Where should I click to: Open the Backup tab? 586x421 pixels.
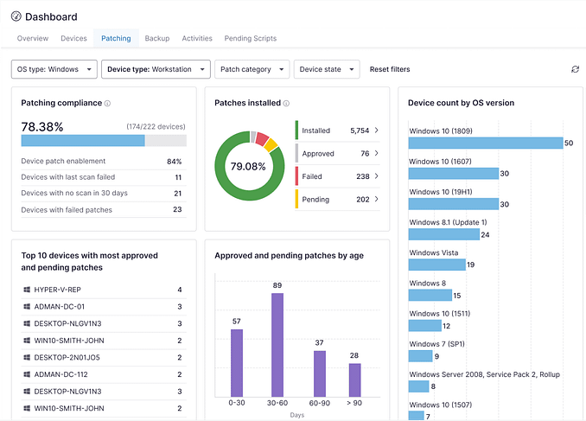[x=156, y=39]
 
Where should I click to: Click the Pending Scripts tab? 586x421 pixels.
[x=250, y=39]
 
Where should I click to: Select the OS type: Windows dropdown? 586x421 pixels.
[x=53, y=69]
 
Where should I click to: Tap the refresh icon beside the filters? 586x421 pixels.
[x=575, y=69]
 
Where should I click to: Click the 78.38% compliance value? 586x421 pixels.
[x=42, y=126]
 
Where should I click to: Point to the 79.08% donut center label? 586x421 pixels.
[x=248, y=166]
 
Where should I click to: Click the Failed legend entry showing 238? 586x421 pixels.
[x=337, y=175]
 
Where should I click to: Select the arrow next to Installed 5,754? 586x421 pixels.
[x=376, y=131]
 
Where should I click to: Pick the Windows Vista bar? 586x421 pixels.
[x=436, y=265]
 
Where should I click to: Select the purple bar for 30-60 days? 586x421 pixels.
[x=277, y=345]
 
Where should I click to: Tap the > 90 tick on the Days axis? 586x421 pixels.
[x=354, y=403]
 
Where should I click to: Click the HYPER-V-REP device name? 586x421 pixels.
[x=57, y=290]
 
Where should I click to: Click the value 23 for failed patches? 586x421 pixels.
[x=177, y=209]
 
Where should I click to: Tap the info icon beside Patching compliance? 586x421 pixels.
[x=108, y=103]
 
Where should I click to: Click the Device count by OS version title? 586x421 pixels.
[x=461, y=103]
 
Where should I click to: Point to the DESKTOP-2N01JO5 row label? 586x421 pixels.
[x=67, y=357]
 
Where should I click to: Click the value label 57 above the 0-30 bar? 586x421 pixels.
[x=236, y=322]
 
